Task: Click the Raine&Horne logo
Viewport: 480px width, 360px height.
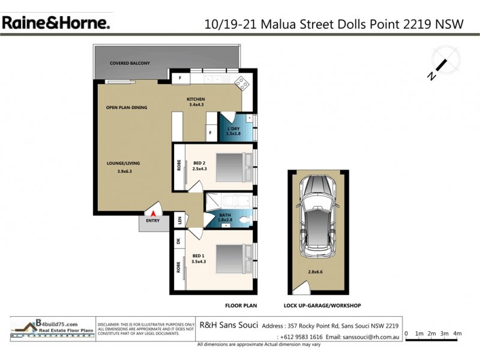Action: (x=55, y=23)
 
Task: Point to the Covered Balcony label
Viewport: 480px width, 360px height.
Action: (x=130, y=63)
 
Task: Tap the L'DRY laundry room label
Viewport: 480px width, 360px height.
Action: (x=233, y=128)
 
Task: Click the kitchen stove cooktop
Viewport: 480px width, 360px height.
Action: (x=242, y=83)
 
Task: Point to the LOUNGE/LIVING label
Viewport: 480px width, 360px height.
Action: (x=124, y=163)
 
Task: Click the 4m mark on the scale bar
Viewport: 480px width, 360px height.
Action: (x=457, y=333)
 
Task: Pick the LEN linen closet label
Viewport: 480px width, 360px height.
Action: (x=179, y=221)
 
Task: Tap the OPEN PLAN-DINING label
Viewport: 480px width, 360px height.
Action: (x=127, y=108)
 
